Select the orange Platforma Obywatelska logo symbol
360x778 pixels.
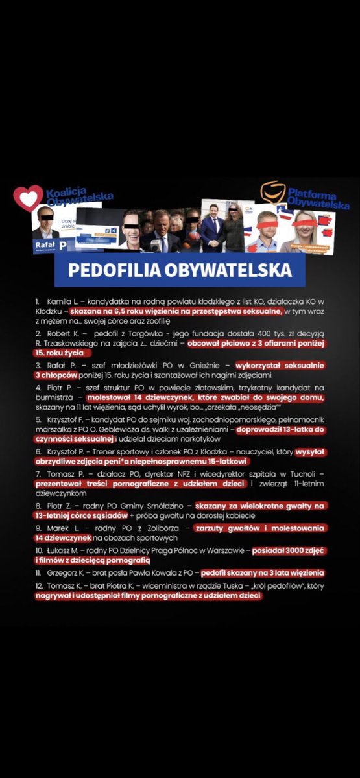click(x=272, y=192)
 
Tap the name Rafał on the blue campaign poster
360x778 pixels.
click(x=43, y=244)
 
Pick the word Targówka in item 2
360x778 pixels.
click(x=137, y=333)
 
